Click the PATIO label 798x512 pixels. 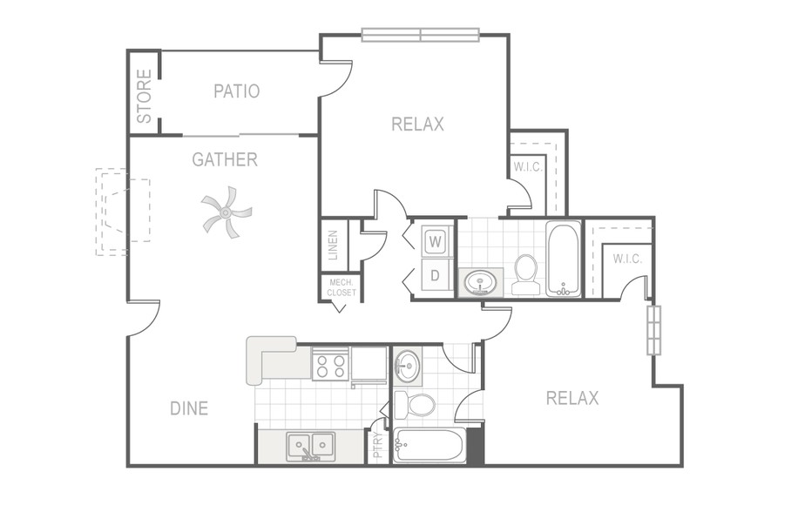[x=237, y=91]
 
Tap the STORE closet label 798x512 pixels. [x=145, y=96]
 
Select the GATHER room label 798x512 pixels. [x=225, y=159]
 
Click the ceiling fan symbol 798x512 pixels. [x=226, y=212]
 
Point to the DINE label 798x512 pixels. [x=189, y=408]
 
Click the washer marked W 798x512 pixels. [x=435, y=241]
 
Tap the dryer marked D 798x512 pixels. [x=435, y=275]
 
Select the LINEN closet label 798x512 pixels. [x=333, y=246]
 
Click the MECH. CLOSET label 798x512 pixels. [x=342, y=287]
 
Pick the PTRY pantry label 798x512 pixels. [x=378, y=445]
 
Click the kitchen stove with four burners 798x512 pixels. [x=331, y=364]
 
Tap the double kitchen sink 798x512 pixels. [x=310, y=447]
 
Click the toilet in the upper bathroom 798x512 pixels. [x=525, y=274]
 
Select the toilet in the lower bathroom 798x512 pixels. [x=415, y=405]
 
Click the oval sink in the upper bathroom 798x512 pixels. [x=480, y=283]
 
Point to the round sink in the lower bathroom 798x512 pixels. [x=407, y=365]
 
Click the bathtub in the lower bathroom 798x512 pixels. [x=429, y=446]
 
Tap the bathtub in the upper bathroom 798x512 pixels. [x=564, y=259]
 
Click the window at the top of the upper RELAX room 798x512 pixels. [x=421, y=35]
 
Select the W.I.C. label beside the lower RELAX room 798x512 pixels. [x=627, y=259]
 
